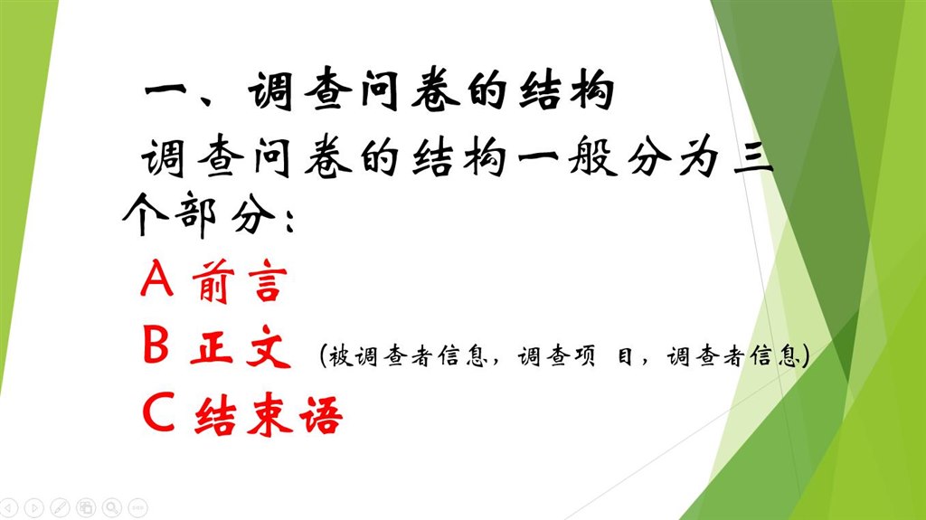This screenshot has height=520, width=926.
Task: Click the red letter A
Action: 157,278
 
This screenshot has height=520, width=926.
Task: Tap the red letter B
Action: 156,345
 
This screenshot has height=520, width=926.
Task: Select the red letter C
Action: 158,411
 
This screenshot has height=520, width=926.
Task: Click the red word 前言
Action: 240,280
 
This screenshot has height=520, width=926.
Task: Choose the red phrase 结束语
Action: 269,414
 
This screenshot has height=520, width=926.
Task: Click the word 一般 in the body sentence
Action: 567,158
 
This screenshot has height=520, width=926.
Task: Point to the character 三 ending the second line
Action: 753,157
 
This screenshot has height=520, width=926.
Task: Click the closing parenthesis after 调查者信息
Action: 804,356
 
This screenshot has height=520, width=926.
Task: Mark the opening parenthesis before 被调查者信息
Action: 323,356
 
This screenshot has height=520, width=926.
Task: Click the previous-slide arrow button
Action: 10,507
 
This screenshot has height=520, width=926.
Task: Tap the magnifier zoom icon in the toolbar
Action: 111,507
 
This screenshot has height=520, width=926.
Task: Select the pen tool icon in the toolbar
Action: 61,507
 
